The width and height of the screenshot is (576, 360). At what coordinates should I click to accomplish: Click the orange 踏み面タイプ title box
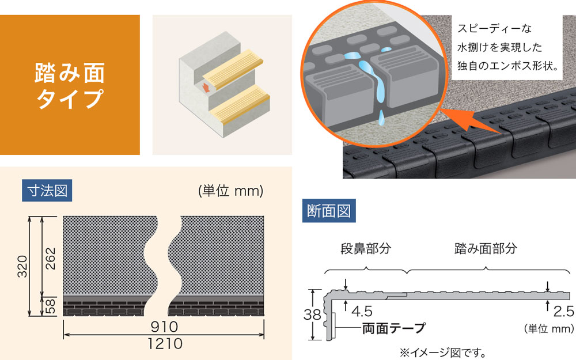(70, 85)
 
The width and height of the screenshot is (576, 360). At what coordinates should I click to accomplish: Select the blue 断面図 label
(329, 211)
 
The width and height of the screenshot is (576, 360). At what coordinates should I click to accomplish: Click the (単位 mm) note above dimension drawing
(230, 191)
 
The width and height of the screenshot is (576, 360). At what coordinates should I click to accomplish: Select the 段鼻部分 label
(365, 249)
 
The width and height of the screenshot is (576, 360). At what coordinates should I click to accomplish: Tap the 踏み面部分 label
(486, 249)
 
